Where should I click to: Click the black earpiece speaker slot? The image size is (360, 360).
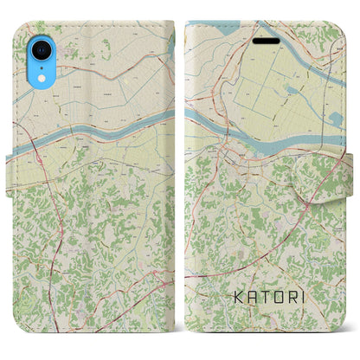coord(267,42)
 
